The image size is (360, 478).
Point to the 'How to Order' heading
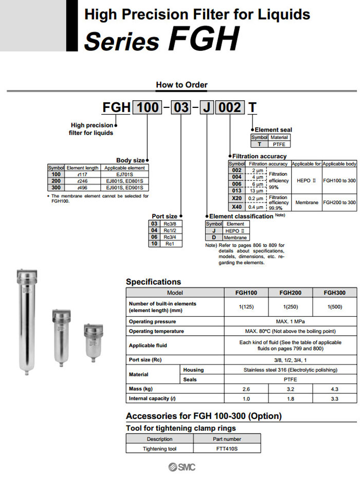[x=182, y=85]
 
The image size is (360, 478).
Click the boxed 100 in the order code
[x=148, y=107]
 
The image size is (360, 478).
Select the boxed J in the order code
[x=207, y=107]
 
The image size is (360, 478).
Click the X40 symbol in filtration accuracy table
[x=237, y=207]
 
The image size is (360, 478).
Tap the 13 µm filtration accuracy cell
[x=256, y=191]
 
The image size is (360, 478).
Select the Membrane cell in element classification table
[x=235, y=238]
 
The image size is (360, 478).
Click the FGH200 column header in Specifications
[x=290, y=292]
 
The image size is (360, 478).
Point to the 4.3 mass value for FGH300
[x=334, y=389]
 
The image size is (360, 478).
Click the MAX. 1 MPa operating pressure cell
[x=290, y=321]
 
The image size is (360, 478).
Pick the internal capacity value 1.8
[x=290, y=398]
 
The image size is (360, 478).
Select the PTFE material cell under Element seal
[x=279, y=144]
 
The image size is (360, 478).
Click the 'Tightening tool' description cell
[x=159, y=449]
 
